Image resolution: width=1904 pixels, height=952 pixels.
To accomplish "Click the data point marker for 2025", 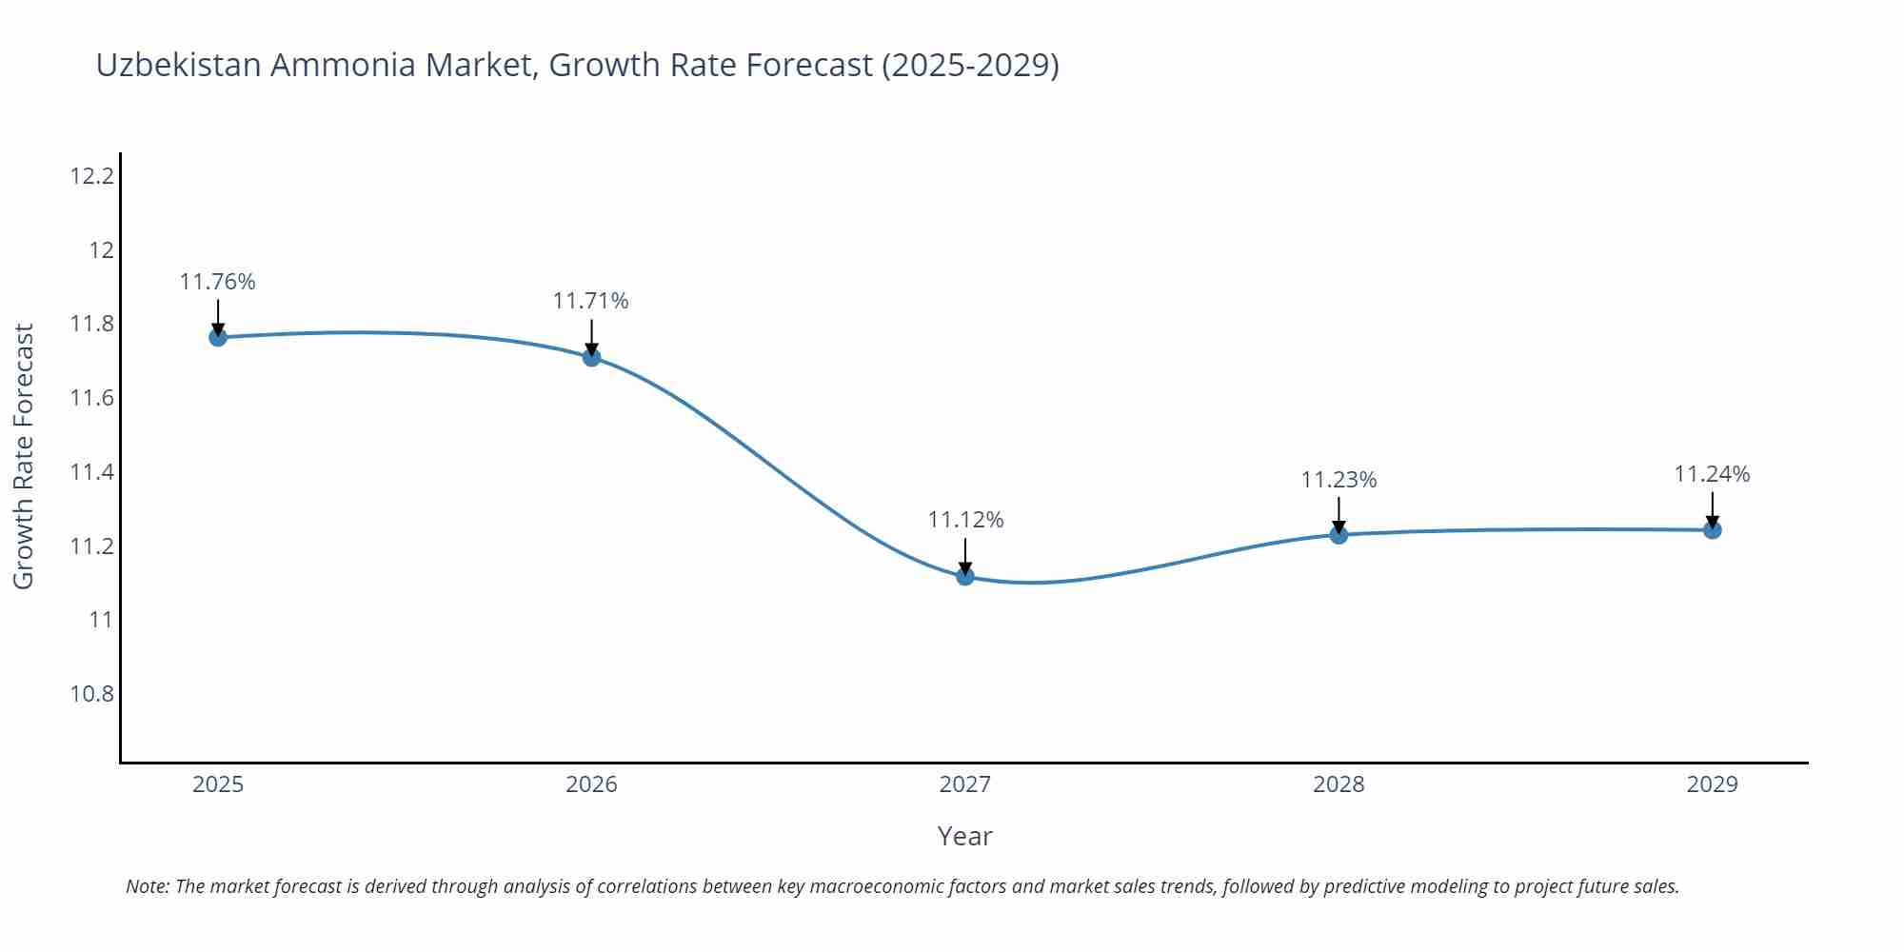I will (218, 337).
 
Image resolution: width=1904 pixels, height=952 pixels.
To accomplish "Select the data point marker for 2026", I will (591, 357).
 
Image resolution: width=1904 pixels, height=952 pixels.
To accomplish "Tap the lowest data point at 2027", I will (965, 576).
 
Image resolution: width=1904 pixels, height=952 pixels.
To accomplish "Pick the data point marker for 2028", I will (1339, 535).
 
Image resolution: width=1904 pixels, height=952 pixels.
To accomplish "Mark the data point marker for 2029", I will (1712, 530).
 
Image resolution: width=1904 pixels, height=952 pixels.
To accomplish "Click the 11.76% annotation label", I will (218, 282).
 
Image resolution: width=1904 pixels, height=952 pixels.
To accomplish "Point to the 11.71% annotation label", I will (591, 301).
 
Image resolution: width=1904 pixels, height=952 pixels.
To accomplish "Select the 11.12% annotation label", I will (965, 520).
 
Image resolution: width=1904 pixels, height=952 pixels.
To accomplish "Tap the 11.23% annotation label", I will (1339, 480).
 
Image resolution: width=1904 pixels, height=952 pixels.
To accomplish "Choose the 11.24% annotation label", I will (1712, 474).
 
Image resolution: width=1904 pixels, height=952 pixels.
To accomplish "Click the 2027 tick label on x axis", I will (965, 784).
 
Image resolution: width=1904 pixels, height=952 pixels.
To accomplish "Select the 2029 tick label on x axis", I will (1712, 784).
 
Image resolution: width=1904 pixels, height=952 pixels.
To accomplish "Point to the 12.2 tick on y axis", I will (91, 176).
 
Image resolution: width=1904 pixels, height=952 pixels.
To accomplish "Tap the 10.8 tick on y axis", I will (91, 694).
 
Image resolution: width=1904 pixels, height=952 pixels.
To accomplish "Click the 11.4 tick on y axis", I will (91, 472).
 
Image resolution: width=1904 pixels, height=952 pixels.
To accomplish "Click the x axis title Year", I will (964, 836).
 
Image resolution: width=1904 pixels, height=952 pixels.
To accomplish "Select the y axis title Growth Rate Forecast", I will (24, 456).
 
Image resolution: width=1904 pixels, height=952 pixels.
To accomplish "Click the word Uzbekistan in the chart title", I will (178, 65).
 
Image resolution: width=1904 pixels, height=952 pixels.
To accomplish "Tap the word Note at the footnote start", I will (147, 886).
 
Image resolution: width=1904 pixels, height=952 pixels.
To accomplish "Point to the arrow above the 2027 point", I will (965, 555).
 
